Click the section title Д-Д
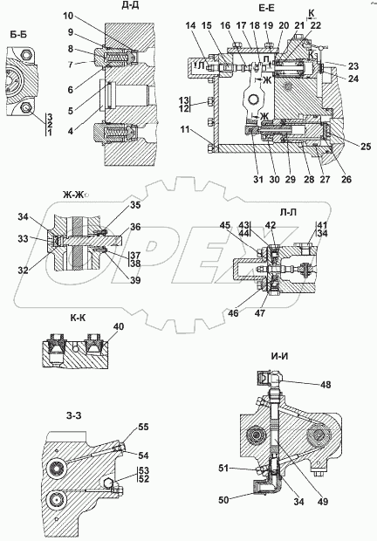124,8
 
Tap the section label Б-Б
17,36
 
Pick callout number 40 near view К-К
119,326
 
